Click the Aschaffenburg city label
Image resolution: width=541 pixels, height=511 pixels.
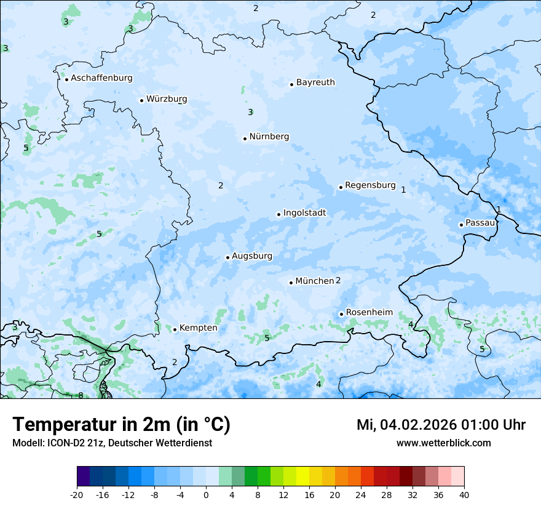101,78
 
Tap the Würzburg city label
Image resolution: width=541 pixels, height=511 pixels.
167,99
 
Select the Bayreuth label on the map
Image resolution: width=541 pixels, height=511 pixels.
315,82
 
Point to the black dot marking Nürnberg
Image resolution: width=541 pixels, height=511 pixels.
245,139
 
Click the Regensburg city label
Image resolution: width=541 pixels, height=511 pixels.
370,185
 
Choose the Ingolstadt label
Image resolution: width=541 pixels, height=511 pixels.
304,213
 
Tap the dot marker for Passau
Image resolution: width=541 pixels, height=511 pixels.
461,225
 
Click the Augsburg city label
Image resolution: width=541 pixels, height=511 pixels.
252,256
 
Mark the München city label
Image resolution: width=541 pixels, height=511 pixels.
314,281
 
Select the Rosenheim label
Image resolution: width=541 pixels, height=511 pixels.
369,313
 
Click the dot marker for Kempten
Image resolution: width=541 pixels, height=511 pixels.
175,329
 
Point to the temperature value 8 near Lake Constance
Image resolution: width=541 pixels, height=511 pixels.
81,395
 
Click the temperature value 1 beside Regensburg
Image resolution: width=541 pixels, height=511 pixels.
403,190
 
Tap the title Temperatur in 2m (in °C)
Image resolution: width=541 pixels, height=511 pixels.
121,425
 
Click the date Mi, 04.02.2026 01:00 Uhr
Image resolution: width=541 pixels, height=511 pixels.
441,425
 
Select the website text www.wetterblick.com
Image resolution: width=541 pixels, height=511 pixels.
443,443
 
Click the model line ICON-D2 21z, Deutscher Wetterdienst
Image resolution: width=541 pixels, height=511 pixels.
112,443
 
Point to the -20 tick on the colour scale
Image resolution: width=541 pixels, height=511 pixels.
77,494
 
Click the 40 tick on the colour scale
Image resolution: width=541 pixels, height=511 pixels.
464,494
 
